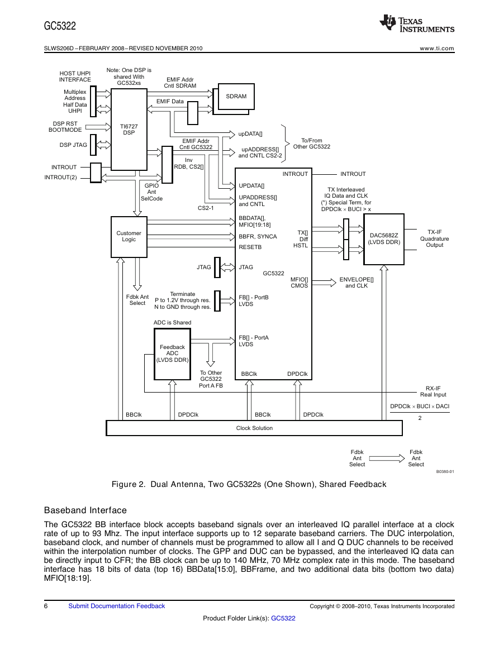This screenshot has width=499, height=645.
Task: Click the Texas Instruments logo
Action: [417, 23]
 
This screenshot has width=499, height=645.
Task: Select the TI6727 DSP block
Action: [129, 129]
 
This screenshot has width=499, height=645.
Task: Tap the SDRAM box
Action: [236, 97]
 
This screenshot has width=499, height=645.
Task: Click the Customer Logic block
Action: [129, 237]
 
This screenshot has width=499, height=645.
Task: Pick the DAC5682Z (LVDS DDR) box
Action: [384, 239]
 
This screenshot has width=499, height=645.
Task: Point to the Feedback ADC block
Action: [172, 353]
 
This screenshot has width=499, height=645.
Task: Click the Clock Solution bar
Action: [254, 428]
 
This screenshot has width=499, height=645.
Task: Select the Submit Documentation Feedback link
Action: [117, 606]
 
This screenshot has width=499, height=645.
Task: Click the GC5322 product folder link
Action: [283, 618]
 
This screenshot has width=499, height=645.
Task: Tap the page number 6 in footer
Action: [46, 606]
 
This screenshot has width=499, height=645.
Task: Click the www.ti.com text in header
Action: [437, 49]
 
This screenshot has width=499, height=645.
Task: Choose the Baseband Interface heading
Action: [85, 510]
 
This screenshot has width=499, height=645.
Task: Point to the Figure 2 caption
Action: [249, 484]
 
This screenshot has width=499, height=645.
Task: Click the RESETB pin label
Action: [250, 247]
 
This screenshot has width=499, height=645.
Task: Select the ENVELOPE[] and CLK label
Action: [357, 283]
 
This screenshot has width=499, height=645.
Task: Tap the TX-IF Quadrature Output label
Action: [434, 238]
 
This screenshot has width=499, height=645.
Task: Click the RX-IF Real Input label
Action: [433, 391]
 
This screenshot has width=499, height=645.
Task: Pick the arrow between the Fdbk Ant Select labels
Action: [387, 458]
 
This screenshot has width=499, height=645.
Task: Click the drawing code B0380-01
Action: [445, 472]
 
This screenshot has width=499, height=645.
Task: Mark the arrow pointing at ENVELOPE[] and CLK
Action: [324, 283]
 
